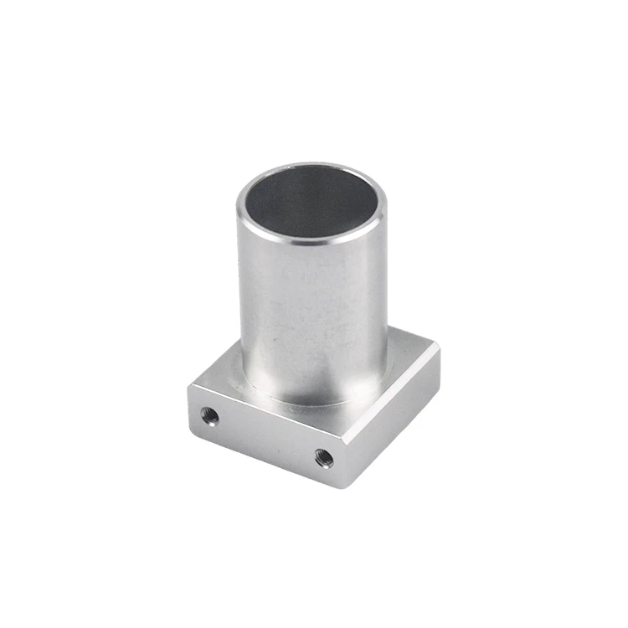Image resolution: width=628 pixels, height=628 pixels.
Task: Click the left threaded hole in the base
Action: tap(210, 415)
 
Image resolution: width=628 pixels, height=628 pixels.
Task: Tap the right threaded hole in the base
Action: tap(324, 458)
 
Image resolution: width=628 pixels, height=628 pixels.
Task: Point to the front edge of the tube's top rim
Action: tap(310, 239)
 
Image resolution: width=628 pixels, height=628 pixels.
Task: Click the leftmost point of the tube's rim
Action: tap(238, 205)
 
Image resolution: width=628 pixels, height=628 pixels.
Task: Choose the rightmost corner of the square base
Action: tap(439, 345)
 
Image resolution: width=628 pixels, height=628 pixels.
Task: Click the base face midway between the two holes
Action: tap(267, 436)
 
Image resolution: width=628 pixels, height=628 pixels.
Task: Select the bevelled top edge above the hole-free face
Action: tap(392, 394)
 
